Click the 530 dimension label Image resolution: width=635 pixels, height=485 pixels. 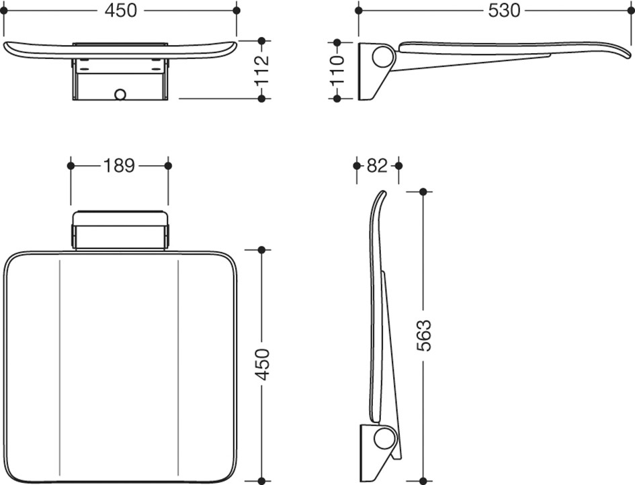click(504, 11)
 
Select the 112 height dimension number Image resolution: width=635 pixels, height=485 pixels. click(262, 70)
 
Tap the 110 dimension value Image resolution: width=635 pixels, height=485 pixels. click(337, 70)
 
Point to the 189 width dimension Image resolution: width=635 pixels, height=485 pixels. click(119, 165)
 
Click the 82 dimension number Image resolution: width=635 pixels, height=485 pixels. click(377, 165)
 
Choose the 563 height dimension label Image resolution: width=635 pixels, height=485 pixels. click(424, 335)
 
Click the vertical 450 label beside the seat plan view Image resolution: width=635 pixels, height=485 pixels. click(262, 364)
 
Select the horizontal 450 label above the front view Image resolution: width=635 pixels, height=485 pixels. click(121, 11)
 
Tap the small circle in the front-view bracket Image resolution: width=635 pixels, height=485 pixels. click(120, 94)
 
